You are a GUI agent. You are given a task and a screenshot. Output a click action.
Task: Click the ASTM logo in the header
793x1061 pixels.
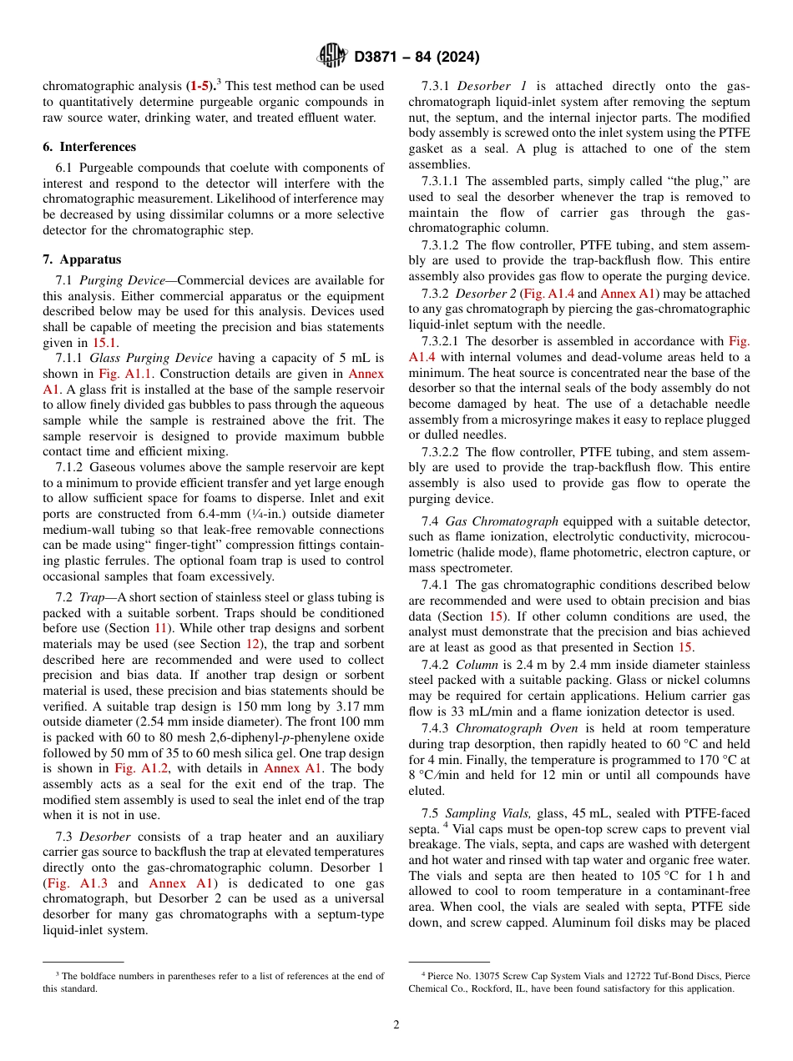coord(332,57)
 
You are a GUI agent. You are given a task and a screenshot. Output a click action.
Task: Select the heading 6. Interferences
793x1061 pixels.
coord(89,146)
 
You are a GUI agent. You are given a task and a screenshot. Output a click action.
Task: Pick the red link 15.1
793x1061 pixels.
coord(105,343)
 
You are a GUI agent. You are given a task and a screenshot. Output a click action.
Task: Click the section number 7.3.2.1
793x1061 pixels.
coord(442,341)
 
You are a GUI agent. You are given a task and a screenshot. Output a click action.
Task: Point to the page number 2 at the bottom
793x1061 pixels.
coord(396,1024)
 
